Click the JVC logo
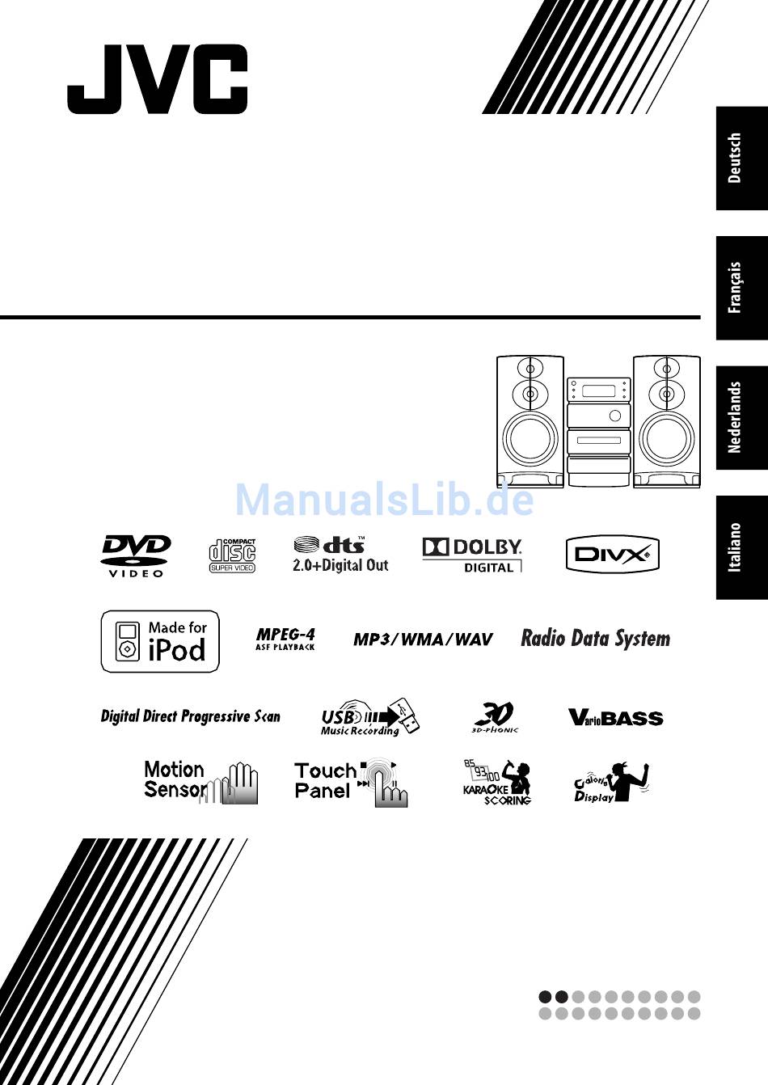158,78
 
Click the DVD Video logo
136,555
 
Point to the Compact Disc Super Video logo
232,555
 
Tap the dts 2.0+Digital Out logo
340,555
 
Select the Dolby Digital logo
472,555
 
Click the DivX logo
612,555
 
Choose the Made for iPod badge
160,641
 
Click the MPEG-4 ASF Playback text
285,639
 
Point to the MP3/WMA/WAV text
423,639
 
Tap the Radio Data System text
595,639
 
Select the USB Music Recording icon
370,717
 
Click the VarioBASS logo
615,717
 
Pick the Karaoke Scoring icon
497,782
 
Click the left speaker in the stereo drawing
530,421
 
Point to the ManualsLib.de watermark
384,500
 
